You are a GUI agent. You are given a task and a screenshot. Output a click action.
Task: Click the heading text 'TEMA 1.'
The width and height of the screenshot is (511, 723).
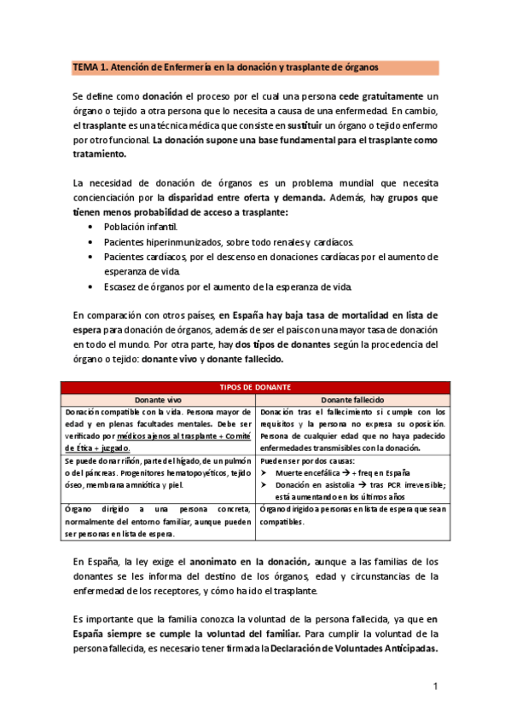pyautogui.click(x=90, y=67)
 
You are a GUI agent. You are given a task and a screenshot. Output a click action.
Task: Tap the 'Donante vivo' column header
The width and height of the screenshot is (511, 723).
pyautogui.click(x=159, y=399)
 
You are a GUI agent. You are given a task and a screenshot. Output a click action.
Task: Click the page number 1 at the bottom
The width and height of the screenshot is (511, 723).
pyautogui.click(x=435, y=686)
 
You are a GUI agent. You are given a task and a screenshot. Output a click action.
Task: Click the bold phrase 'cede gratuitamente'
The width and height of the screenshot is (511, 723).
pyautogui.click(x=380, y=95)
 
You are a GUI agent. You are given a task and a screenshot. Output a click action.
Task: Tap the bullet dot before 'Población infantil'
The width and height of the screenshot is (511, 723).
pyautogui.click(x=91, y=228)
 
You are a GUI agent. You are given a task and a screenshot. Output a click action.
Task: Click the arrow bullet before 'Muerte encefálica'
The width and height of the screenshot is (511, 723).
pyautogui.click(x=264, y=472)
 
